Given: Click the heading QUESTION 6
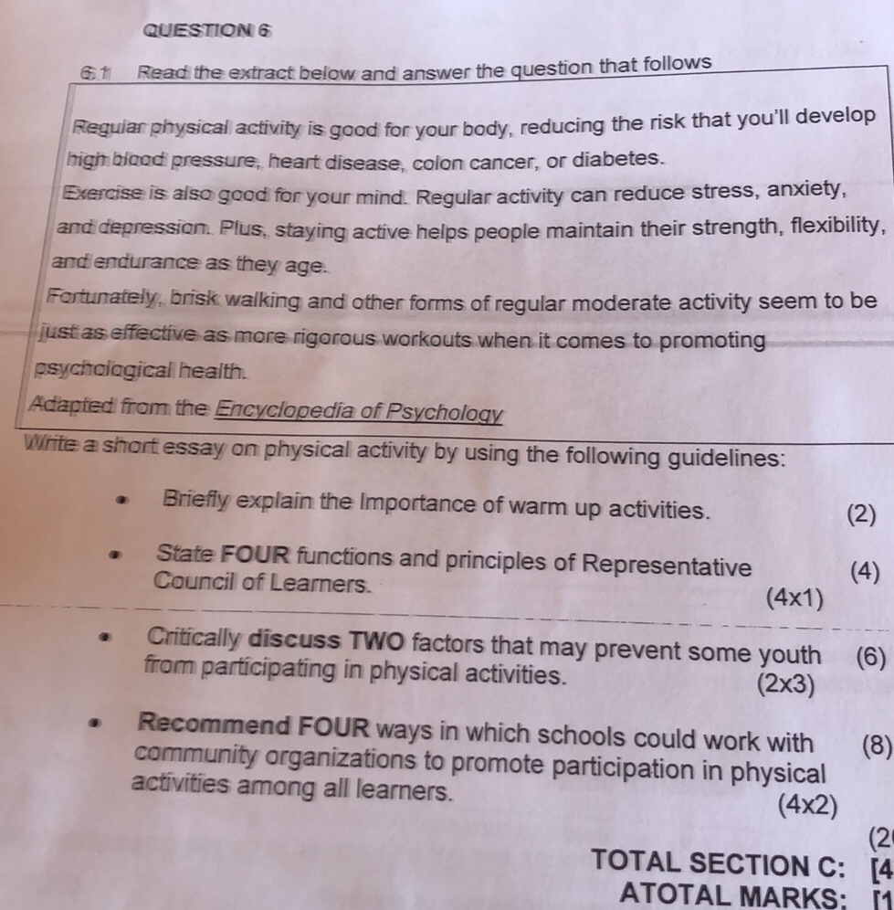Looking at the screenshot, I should pyautogui.click(x=207, y=30).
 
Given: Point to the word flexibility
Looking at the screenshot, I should pyautogui.click(x=821, y=225).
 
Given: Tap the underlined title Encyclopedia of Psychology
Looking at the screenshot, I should pyautogui.click(x=358, y=411).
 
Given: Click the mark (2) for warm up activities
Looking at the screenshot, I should pyautogui.click(x=859, y=514).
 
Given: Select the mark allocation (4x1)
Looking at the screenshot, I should pyautogui.click(x=795, y=599).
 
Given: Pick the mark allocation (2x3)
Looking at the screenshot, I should pyautogui.click(x=784, y=684).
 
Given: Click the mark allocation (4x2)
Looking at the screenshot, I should pyautogui.click(x=807, y=807).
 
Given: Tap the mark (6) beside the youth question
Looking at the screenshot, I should pyautogui.click(x=870, y=657).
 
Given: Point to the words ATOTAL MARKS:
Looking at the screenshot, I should pyautogui.click(x=741, y=896).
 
